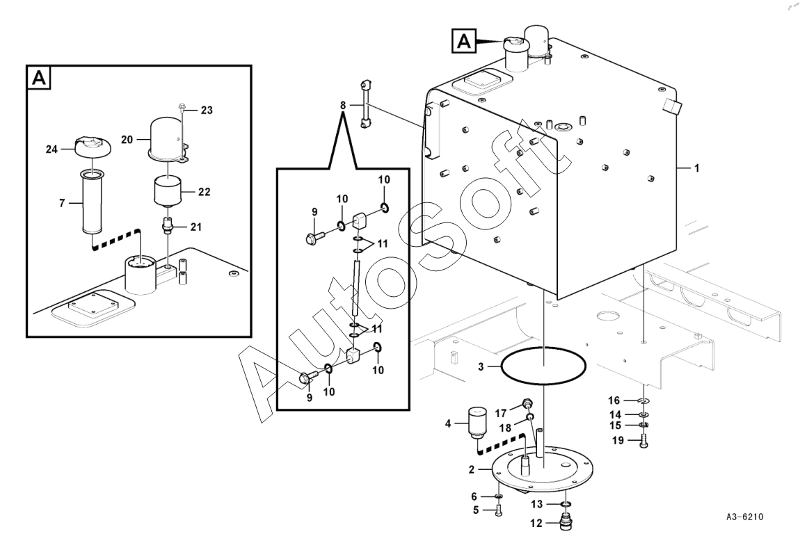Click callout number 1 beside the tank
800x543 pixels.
click(696, 168)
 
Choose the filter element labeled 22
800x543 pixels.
click(168, 190)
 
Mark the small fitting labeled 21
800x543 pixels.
click(167, 226)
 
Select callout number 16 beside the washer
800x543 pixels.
click(614, 400)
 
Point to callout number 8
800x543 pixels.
click(342, 105)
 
